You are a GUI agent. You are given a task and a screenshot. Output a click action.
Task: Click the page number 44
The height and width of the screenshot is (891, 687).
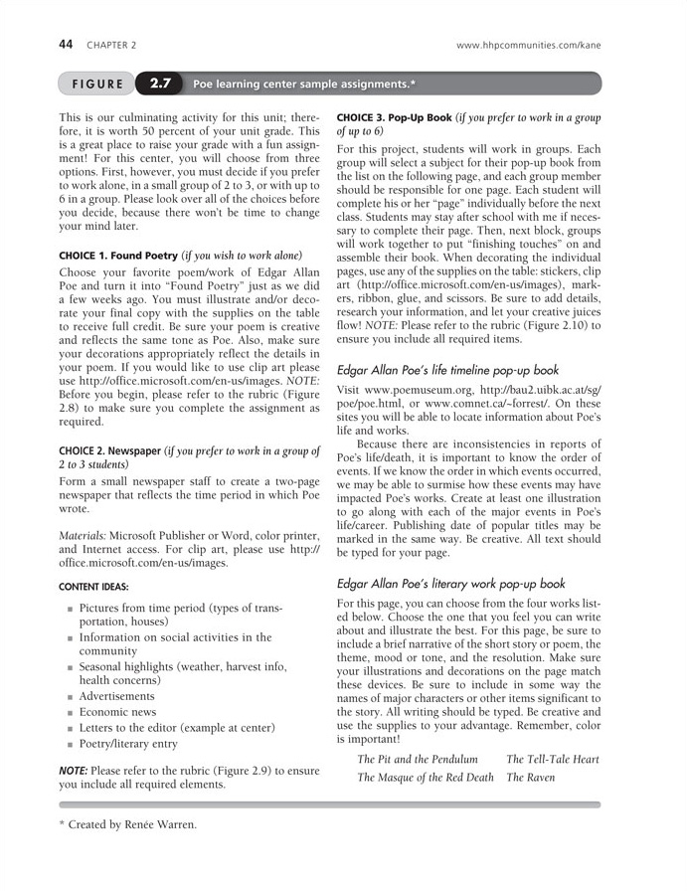point(67,45)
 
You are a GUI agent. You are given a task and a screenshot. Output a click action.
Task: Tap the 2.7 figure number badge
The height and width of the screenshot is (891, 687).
point(161,84)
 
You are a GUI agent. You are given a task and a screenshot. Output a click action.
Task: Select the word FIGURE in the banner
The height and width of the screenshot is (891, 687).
point(96,84)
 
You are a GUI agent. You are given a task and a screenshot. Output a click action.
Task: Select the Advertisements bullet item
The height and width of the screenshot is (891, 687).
point(117,696)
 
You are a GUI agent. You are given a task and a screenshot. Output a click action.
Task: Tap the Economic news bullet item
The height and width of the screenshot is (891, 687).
point(117,712)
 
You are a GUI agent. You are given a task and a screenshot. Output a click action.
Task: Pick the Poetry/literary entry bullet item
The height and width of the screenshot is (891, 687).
point(128,743)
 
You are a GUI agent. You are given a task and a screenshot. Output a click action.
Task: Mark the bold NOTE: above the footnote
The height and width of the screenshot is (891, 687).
point(73,770)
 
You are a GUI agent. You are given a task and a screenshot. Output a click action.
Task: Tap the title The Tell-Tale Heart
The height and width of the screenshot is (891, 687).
point(553,760)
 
